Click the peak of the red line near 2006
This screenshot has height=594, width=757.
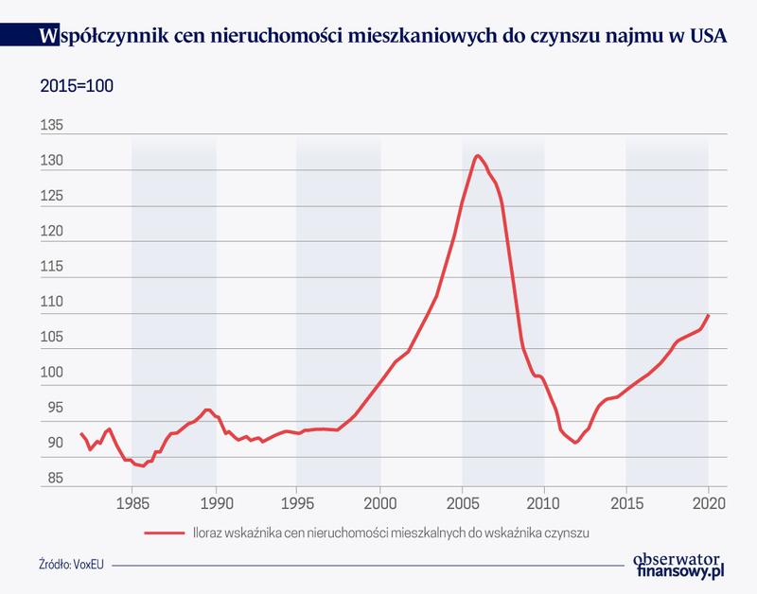coord(478,155)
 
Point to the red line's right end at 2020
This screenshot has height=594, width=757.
coord(709,315)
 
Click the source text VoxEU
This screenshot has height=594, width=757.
coord(87,564)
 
